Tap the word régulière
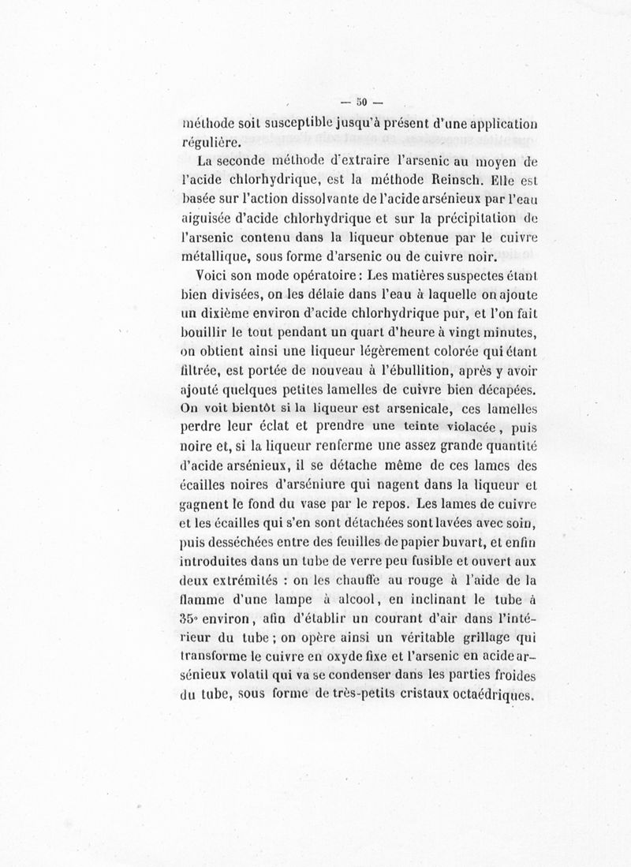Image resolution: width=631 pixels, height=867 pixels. (x=211, y=143)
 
